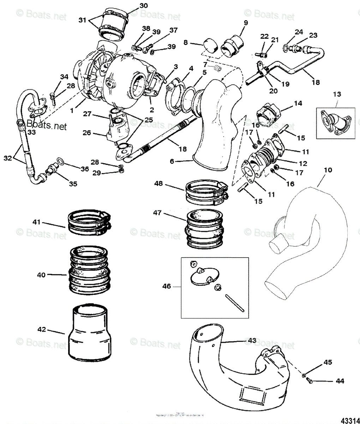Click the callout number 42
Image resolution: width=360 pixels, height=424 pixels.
(42, 329)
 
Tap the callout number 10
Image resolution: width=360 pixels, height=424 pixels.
(328, 170)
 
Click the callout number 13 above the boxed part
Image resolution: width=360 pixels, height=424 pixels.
(337, 94)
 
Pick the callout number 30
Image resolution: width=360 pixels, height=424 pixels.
(134, 6)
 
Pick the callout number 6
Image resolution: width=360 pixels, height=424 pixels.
(172, 161)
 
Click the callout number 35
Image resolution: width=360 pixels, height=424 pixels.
(73, 184)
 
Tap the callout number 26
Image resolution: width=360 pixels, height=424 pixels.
(87, 133)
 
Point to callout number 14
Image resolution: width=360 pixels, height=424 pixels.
(298, 104)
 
